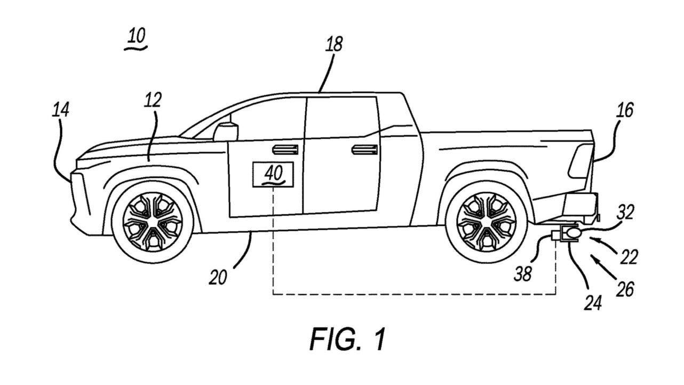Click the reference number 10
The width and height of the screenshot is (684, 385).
click(136, 37)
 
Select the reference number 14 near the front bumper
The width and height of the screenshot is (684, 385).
click(60, 111)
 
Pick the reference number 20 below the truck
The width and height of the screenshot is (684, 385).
click(219, 277)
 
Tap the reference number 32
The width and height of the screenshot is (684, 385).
click(626, 213)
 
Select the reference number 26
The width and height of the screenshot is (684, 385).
click(625, 289)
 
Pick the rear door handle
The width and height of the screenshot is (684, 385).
click(364, 149)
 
